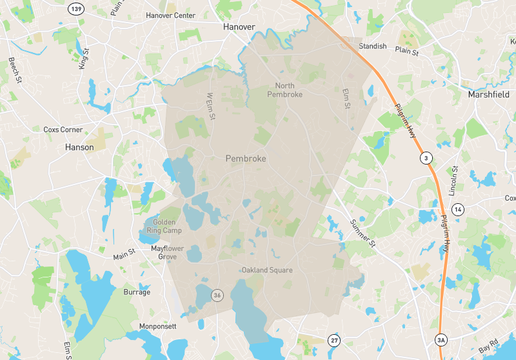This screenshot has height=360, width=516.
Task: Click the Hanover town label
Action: pyautogui.click(x=239, y=27)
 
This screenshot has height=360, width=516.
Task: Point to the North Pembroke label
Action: pyautogui.click(x=284, y=90)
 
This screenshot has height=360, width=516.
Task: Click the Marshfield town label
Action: pyautogui.click(x=488, y=94)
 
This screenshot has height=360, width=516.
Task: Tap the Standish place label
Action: pyautogui.click(x=373, y=46)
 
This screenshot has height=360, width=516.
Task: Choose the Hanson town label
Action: pyautogui.click(x=79, y=147)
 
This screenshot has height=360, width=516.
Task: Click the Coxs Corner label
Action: pyautogui.click(x=59, y=129)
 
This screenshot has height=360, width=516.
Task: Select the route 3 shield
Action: pyautogui.click(x=425, y=157)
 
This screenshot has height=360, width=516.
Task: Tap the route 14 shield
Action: pyautogui.click(x=458, y=209)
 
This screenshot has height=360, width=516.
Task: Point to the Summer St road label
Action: pyautogui.click(x=362, y=233)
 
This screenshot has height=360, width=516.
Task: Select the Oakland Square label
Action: pyautogui.click(x=267, y=270)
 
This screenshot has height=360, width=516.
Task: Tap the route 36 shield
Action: pyautogui.click(x=217, y=295)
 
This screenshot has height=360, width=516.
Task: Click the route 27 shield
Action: pyautogui.click(x=333, y=340)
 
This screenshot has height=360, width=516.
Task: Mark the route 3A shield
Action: pyautogui.click(x=441, y=340)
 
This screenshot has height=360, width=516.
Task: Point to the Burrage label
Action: pyautogui.click(x=137, y=292)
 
